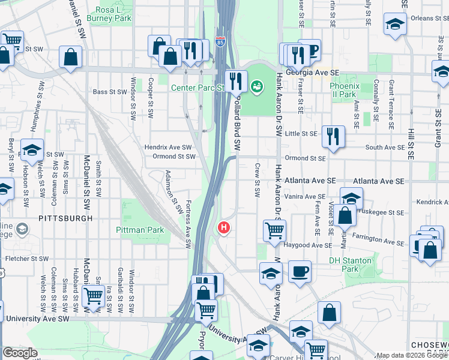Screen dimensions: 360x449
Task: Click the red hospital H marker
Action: click(x=223, y=228)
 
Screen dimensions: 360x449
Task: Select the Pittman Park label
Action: click(x=140, y=230)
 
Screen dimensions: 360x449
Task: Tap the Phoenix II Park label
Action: click(x=344, y=90)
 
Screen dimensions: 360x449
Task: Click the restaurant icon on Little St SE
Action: click(x=333, y=137)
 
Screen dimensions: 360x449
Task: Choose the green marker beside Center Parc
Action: click(x=257, y=87)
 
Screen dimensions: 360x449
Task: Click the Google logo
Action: click(x=20, y=353)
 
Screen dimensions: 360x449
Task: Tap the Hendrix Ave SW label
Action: click(x=167, y=147)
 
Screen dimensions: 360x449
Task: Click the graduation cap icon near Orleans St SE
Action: click(x=394, y=25)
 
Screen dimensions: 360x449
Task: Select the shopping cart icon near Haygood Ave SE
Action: click(x=274, y=230)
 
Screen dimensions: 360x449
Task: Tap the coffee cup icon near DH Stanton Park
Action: click(x=300, y=271)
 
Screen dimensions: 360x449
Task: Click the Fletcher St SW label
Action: click(x=26, y=259)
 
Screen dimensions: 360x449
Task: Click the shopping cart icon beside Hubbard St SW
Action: click(x=93, y=297)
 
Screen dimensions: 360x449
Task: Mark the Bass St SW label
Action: click(x=108, y=92)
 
